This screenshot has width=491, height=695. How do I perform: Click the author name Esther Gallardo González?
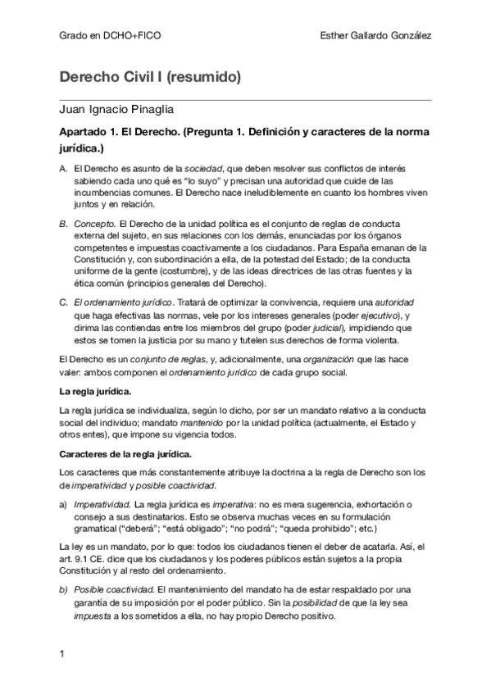click(378, 36)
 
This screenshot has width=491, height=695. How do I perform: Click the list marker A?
click(64, 168)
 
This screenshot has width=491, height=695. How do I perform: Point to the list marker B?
click(64, 223)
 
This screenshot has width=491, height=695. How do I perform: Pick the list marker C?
click(64, 303)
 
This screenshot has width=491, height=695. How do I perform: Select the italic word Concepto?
click(93, 223)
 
